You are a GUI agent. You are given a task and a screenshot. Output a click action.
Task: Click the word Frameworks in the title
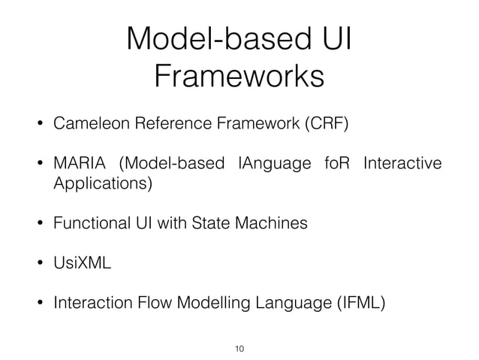pos(239,76)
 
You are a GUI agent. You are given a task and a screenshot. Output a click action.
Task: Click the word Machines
pos(277,223)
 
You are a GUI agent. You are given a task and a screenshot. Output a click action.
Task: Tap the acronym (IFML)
pos(359,304)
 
